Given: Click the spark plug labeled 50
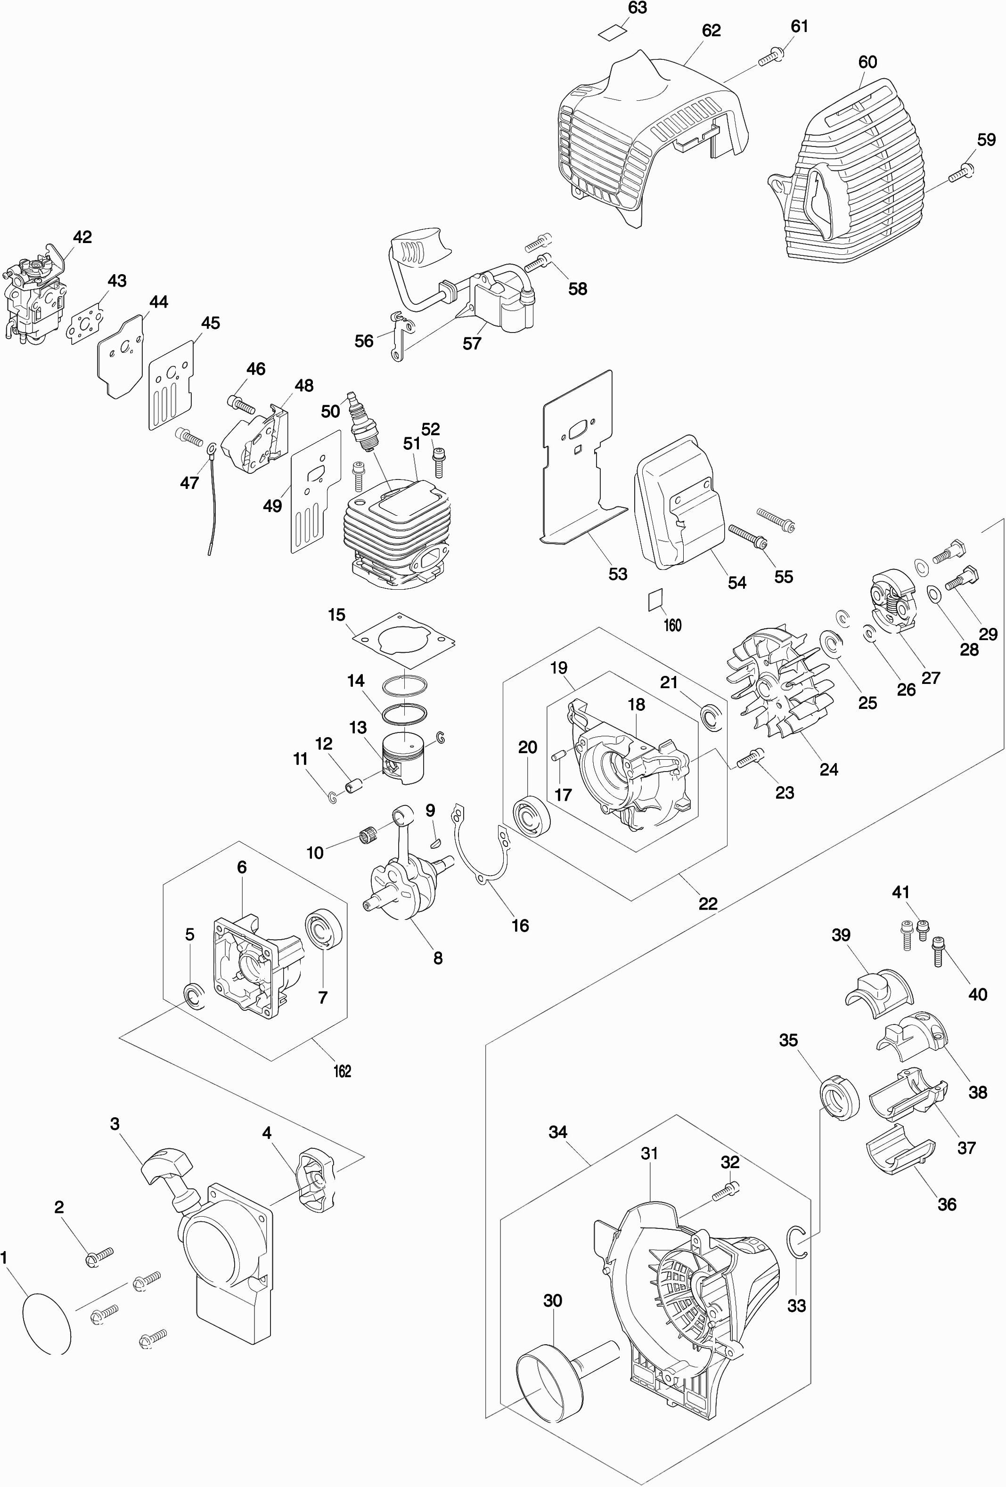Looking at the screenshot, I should tap(362, 424).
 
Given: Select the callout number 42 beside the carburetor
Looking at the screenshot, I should tap(82, 237).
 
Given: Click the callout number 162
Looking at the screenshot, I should tap(343, 1071).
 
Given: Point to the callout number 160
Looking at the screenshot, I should tap(672, 625).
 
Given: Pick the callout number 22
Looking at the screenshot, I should tap(708, 903).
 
